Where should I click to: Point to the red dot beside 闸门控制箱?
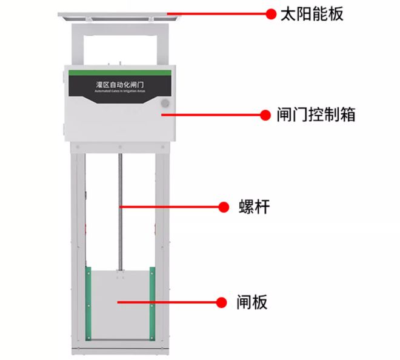point(264,114)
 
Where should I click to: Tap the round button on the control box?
point(164,103)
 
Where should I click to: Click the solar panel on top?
point(119,15)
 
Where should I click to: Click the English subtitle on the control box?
point(119,92)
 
